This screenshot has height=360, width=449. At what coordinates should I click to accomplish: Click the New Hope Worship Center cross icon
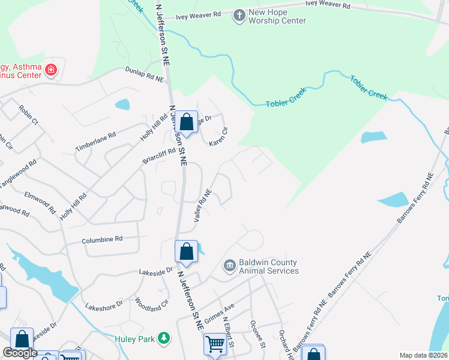[239, 16]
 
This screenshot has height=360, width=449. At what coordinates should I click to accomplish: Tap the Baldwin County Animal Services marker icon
[229, 266]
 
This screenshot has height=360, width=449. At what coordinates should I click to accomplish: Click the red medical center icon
[51, 70]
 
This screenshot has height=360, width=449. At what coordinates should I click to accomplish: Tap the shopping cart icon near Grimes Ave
[215, 344]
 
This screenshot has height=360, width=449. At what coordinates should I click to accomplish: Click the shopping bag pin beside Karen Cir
[187, 122]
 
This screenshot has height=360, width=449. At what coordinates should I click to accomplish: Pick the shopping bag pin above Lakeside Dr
[186, 251]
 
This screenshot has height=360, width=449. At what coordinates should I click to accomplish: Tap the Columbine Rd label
[102, 239]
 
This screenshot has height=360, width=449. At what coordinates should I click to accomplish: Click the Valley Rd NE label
[203, 206]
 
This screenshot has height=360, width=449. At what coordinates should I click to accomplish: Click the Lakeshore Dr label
[104, 304]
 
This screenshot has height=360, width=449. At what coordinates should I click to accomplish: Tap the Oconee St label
[258, 332]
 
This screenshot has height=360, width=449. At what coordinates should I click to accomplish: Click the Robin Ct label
[28, 115]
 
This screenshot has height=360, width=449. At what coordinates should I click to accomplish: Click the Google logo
[20, 353]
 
